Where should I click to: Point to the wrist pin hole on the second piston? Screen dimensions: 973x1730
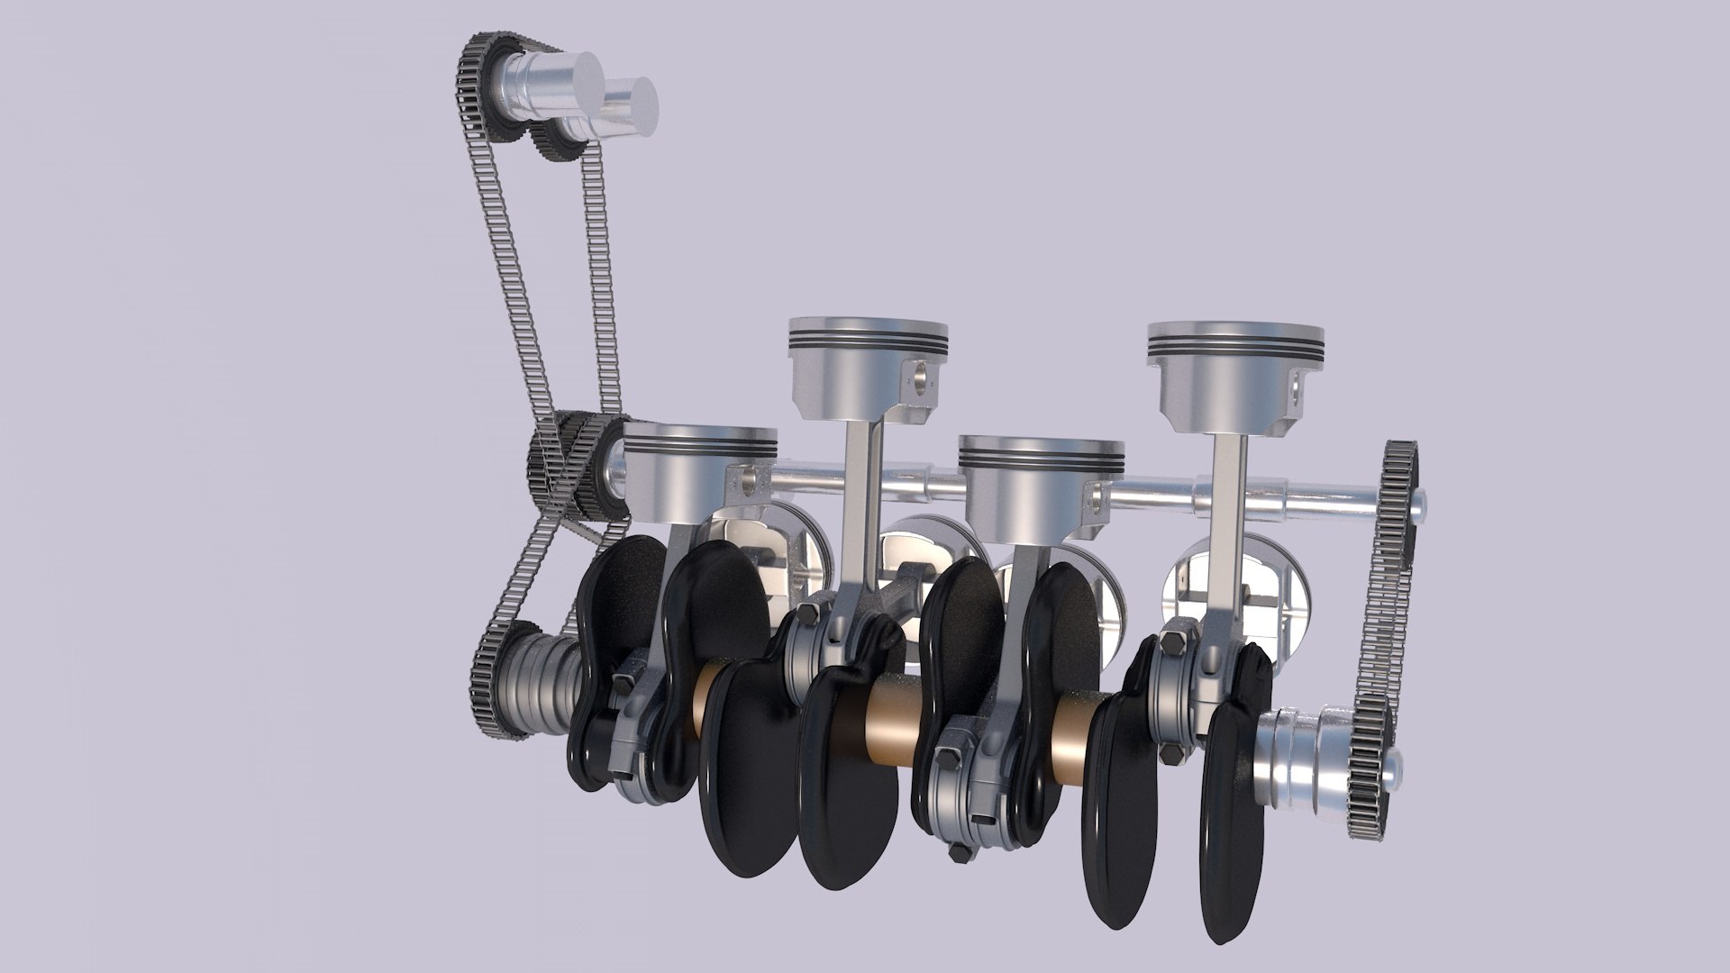click(918, 375)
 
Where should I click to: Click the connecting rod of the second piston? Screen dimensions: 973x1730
click(861, 505)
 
